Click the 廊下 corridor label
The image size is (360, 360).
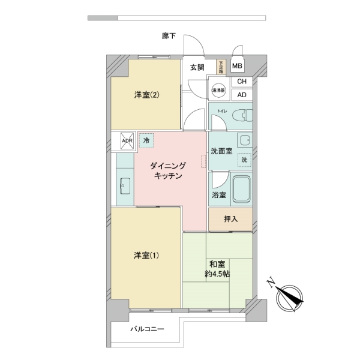[x=169, y=37]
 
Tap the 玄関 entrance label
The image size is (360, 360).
[x=197, y=67]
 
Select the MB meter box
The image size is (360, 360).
[x=238, y=67]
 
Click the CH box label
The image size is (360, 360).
[x=242, y=82]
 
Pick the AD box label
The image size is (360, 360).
[x=242, y=95]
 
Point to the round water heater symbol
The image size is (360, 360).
[x=218, y=91]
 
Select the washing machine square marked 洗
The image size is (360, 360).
[x=245, y=160]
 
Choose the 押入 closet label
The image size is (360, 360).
[x=230, y=219]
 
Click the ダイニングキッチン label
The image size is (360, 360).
[x=170, y=170]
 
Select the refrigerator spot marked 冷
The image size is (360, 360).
[x=146, y=140]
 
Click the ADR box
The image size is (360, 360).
[x=127, y=141]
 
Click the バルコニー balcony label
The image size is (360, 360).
[x=147, y=329]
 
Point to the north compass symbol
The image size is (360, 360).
[x=290, y=296]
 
